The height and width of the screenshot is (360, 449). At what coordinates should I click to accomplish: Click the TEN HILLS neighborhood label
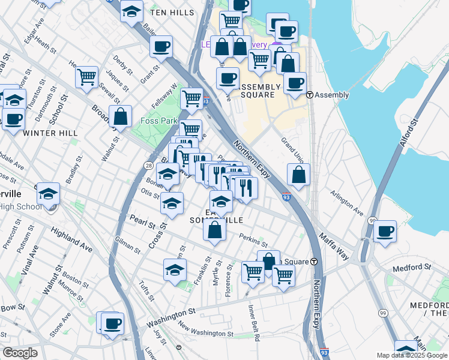tap(172, 13)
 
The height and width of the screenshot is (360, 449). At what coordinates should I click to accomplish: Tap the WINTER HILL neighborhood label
tap(43, 133)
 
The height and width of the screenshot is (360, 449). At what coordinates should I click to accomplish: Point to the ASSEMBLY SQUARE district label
tap(261, 91)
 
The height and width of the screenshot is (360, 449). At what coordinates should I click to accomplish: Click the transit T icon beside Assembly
tap(310, 95)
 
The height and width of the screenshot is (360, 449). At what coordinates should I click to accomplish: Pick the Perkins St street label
tap(253, 241)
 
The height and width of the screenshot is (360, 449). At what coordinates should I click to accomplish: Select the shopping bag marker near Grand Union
tap(298, 174)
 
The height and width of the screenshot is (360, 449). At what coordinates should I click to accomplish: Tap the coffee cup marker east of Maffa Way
tap(385, 230)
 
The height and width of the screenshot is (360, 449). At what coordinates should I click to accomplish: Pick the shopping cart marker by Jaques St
tap(86, 76)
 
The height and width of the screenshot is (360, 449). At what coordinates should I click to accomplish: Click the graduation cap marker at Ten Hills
tap(131, 11)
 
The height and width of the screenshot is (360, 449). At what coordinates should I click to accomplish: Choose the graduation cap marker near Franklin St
tap(175, 269)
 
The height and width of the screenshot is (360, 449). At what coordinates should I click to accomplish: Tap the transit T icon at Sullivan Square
tap(313, 262)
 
